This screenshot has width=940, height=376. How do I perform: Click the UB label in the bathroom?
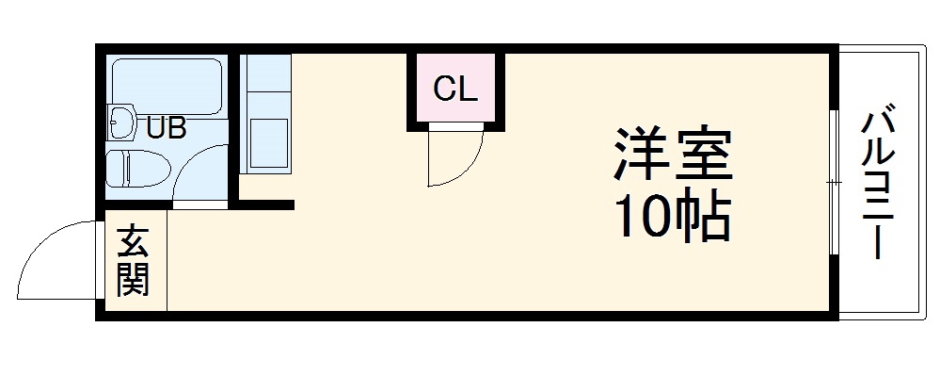165,126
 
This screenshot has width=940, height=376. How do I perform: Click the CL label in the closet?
456,90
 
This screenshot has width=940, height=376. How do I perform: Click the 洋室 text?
673,155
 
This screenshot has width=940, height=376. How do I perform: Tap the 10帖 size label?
673,218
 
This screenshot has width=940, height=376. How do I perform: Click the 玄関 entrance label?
134,261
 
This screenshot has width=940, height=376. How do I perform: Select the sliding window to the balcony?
834,183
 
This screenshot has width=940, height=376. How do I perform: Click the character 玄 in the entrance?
134,242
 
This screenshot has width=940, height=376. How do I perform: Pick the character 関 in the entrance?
134,280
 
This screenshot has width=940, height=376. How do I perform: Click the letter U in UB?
153,126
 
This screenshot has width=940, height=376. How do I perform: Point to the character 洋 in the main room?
639,155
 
